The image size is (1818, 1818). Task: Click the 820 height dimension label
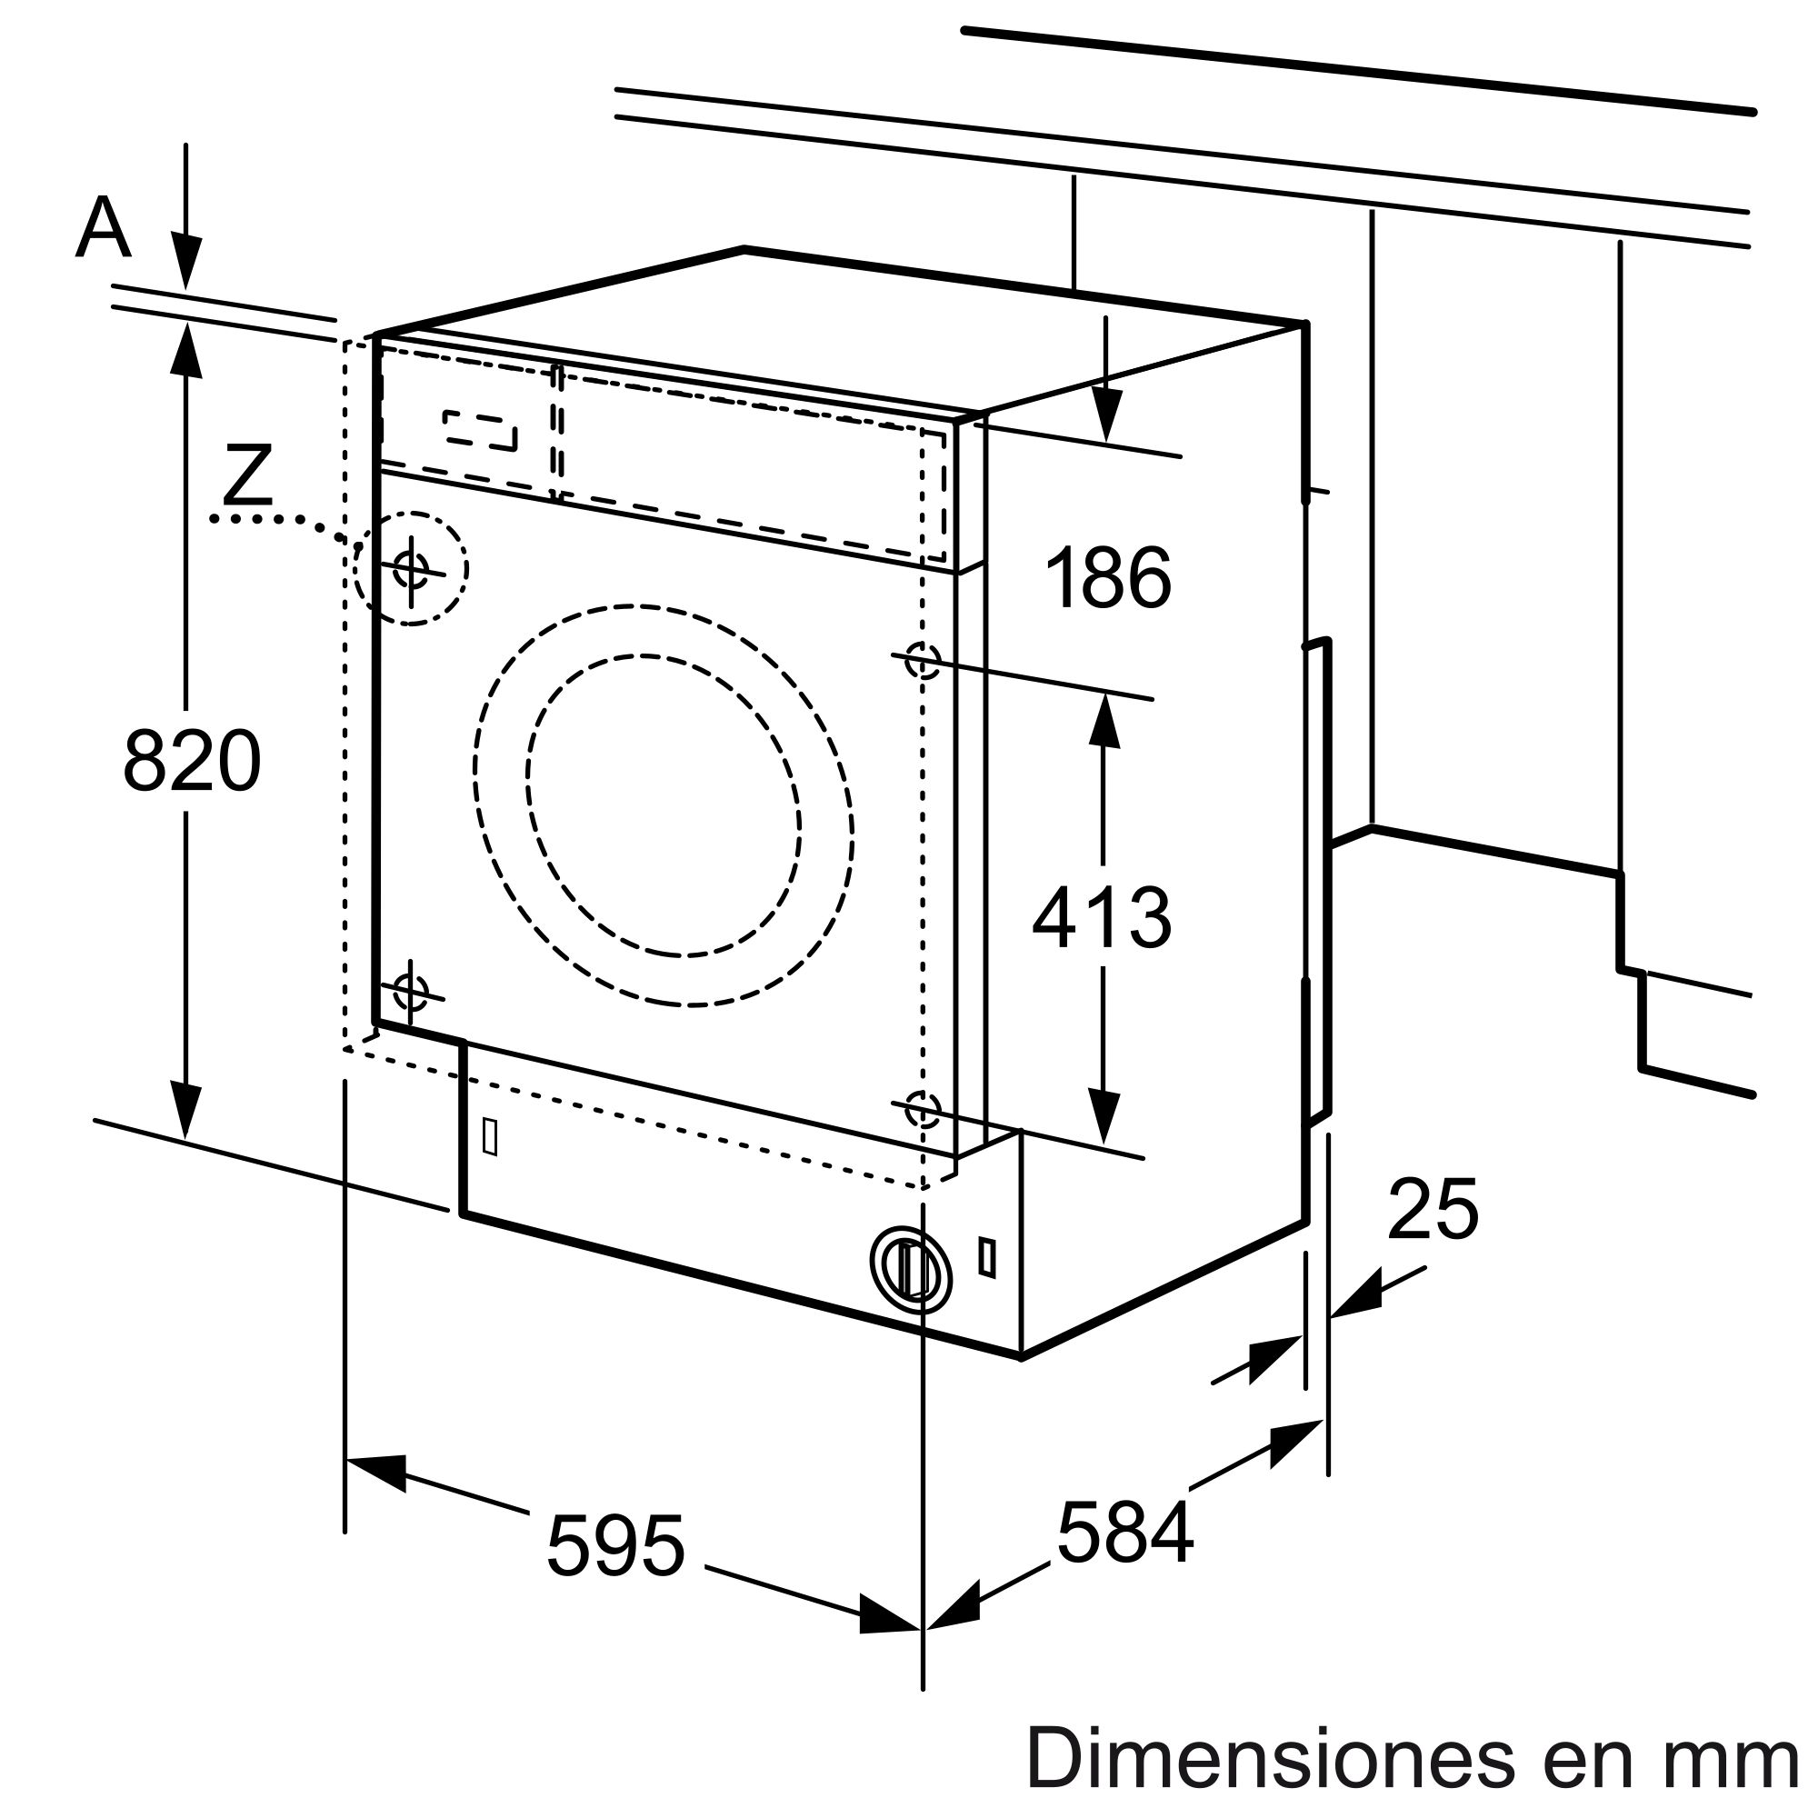tap(192, 760)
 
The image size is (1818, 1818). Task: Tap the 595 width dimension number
tap(616, 1545)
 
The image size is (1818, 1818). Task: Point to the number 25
tap(1433, 1210)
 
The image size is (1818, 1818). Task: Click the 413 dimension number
tap(1102, 917)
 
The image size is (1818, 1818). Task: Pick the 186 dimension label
tap(1108, 578)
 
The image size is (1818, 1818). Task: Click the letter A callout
tap(103, 229)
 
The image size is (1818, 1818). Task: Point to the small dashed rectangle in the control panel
tap(480, 430)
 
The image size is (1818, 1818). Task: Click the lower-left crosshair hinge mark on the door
tap(410, 991)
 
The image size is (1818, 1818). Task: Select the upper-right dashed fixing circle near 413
tap(922, 660)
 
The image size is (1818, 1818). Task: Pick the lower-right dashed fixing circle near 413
tap(922, 1109)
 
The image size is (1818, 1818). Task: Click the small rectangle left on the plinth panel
tap(489, 1137)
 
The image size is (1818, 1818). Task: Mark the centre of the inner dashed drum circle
tap(664, 805)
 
